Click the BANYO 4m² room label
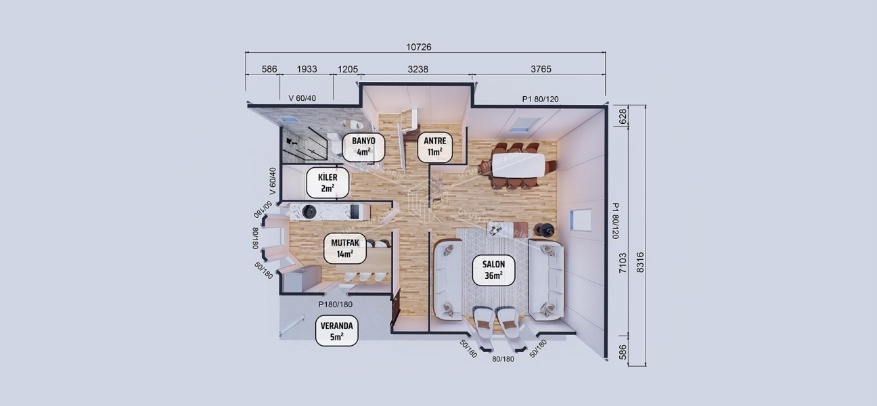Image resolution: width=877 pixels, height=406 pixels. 363,147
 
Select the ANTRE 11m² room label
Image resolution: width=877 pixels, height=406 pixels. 434,147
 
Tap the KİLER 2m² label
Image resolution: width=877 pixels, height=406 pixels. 328,183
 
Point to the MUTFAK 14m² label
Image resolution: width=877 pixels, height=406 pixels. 345,248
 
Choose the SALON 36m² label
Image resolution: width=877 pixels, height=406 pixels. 493,270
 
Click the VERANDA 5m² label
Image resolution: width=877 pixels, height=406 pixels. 337,331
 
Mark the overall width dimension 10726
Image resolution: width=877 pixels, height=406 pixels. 419,47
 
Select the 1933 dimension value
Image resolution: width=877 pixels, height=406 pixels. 307,69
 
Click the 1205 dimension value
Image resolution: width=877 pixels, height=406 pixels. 348,69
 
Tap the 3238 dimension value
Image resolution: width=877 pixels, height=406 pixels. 418,69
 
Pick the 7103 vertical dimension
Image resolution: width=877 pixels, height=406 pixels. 623,262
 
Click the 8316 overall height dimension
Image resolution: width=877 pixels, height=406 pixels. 640,262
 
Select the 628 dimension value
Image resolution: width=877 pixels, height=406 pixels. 623,116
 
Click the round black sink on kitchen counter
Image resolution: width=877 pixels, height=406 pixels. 309,212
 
